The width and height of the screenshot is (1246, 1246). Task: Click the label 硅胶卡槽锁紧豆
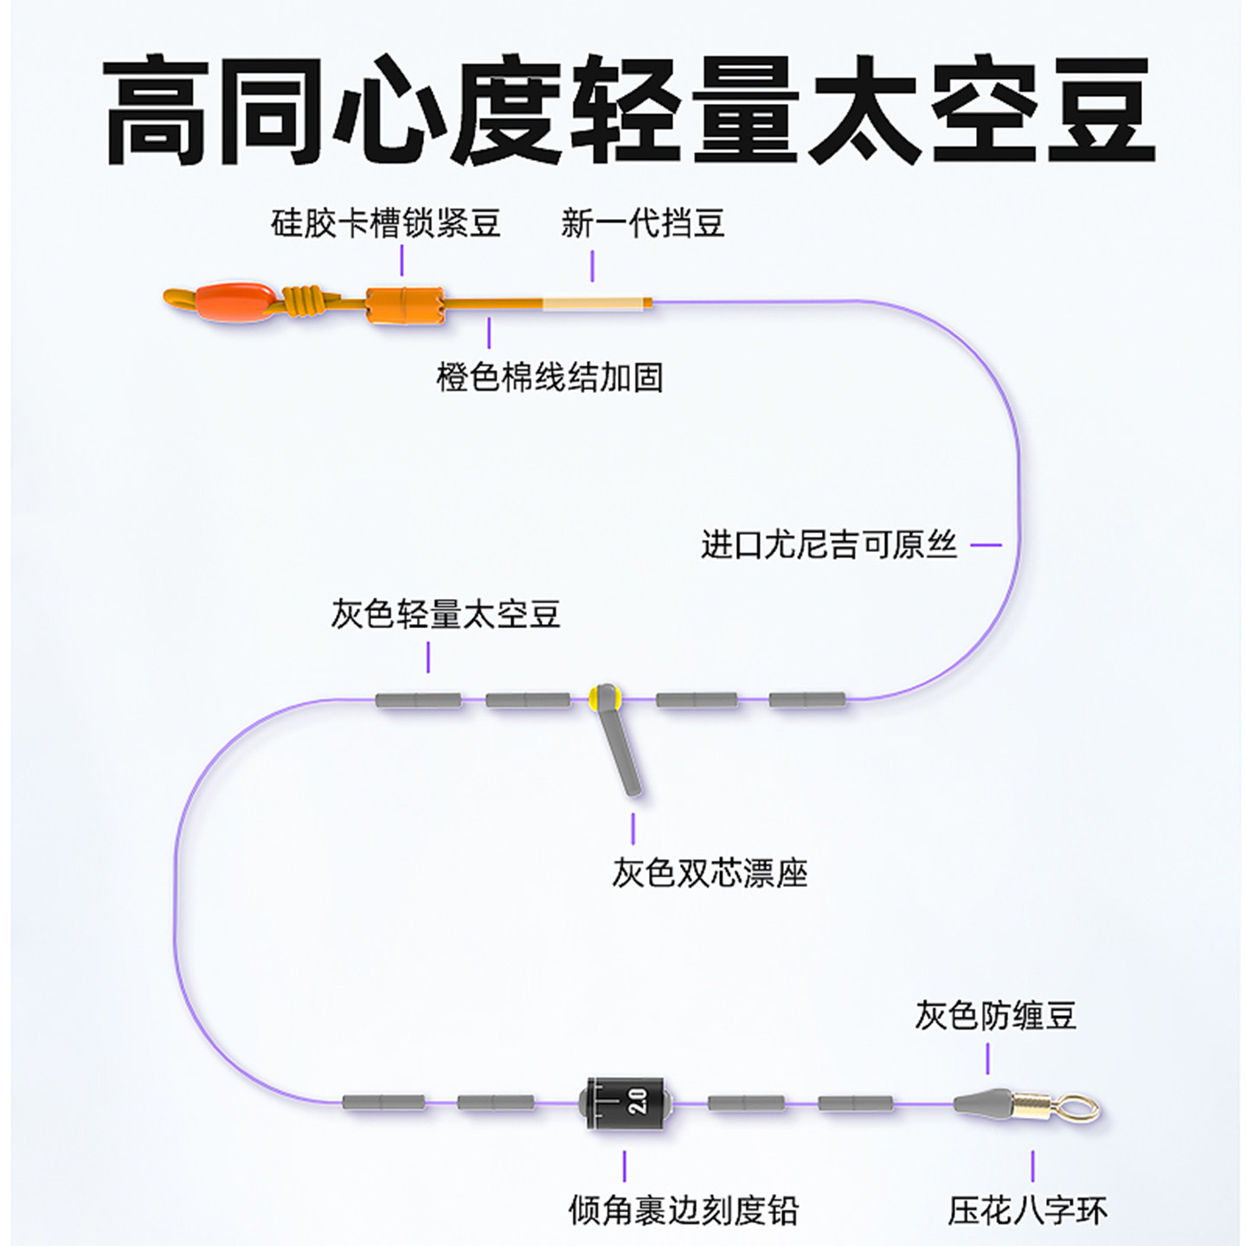(385, 223)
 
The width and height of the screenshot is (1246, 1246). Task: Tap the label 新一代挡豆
(642, 223)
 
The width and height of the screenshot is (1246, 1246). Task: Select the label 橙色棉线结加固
(549, 378)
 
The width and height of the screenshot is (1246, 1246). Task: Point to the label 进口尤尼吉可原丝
(828, 545)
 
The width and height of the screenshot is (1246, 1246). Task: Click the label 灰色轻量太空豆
(446, 614)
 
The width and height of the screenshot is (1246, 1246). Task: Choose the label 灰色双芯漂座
(710, 873)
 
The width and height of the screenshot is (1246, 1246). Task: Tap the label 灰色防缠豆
(995, 1015)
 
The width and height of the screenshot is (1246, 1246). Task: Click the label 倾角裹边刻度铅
(683, 1211)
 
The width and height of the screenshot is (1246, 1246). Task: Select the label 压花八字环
(1027, 1211)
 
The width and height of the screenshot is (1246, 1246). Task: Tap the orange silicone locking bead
(404, 305)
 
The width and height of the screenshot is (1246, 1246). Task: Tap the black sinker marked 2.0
(626, 1101)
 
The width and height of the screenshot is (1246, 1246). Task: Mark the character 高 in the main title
(157, 110)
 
